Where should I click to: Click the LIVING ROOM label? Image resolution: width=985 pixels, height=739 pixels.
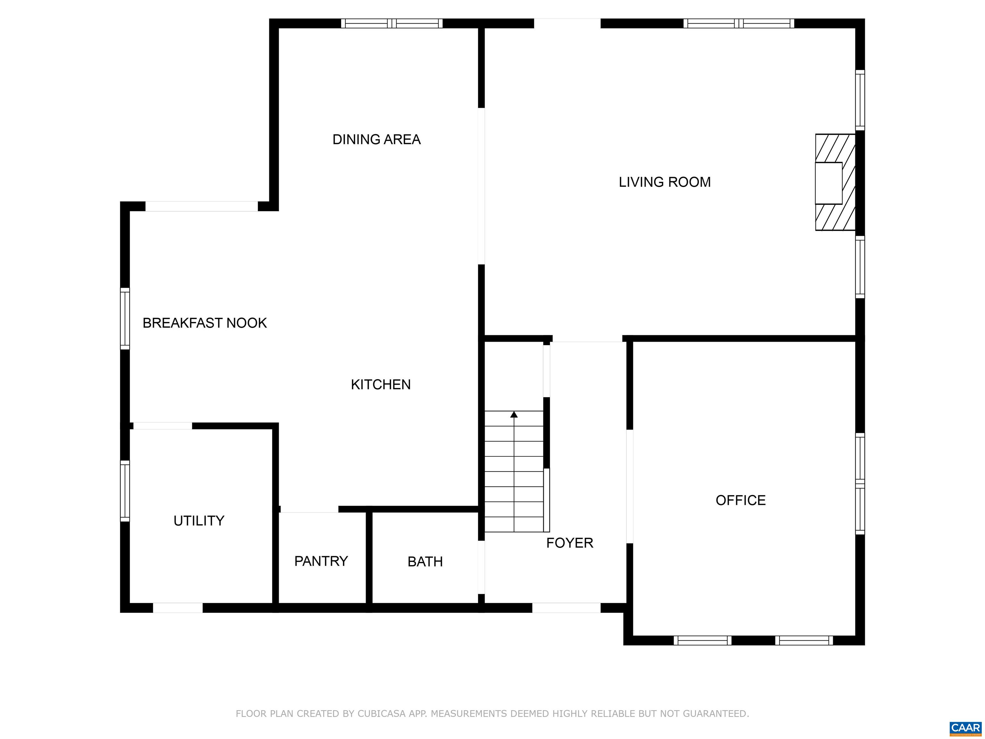pos(664,182)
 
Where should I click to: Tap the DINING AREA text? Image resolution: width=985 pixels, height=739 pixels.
pos(376,140)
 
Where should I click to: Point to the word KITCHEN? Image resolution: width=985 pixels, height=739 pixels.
pos(381,385)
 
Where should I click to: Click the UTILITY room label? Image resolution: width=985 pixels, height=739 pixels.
pos(198,520)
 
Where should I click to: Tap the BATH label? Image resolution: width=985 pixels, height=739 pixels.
pos(425,562)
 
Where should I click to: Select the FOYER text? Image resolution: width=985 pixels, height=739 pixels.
pos(569,543)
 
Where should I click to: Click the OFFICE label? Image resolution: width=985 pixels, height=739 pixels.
pos(741,500)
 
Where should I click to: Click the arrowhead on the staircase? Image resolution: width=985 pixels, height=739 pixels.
pos(514,414)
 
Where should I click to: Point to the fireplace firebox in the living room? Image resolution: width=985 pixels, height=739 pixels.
pos(828,183)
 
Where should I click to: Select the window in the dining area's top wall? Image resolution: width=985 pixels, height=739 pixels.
pos(392,23)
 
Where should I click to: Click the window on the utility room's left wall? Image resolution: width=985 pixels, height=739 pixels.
pos(125,491)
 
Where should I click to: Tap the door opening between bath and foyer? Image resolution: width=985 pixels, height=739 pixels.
pos(481,567)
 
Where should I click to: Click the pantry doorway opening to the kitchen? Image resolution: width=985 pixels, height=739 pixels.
pos(309,509)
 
